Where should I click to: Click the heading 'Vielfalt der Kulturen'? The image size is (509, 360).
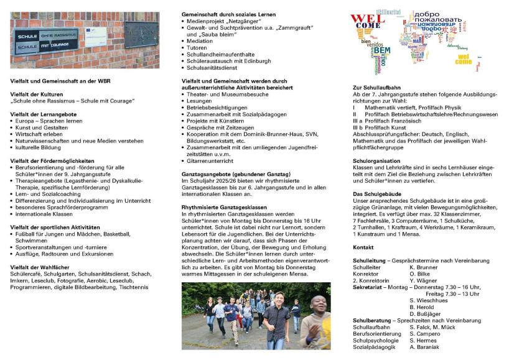point(35,94)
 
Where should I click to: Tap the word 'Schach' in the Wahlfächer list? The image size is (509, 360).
point(139,274)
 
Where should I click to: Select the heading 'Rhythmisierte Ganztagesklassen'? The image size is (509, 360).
point(223,206)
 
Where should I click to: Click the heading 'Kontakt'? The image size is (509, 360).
point(363,247)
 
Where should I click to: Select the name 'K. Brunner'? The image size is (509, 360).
point(424,267)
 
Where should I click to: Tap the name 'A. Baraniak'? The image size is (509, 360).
point(427,347)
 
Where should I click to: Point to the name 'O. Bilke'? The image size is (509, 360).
point(421,274)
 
